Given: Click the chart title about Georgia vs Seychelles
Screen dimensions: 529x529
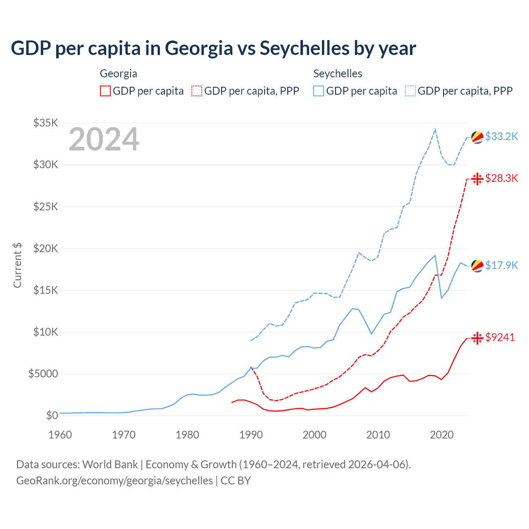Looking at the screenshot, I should coord(213,48).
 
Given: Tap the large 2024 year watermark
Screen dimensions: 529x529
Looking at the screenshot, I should coord(104,139).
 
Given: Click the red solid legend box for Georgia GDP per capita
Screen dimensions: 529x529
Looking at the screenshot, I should coord(105,91).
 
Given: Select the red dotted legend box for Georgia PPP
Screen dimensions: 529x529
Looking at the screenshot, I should coord(197,91).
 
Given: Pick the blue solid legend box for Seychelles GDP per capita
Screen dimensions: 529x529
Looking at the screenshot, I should coord(319,91).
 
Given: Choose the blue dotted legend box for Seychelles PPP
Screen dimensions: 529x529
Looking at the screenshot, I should coord(410,91).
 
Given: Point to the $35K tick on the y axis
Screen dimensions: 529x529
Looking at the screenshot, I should coord(46,123).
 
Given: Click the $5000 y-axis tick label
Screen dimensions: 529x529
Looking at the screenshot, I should coord(43,374).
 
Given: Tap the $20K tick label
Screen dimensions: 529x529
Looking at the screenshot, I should coord(46,248).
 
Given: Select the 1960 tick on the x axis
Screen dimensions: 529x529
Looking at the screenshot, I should coord(60,435).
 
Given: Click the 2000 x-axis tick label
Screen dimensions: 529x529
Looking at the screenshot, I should coord(315,435).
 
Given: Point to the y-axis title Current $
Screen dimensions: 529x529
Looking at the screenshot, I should coord(17,265).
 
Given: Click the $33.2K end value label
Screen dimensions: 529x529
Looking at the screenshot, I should coord(501,136).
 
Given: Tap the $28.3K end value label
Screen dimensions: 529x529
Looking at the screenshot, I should coord(501,178).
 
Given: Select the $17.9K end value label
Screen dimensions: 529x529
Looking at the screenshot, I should coord(501,265).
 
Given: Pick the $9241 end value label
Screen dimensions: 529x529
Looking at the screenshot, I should coord(500,337).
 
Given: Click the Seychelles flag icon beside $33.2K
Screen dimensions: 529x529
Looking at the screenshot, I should coord(477,137).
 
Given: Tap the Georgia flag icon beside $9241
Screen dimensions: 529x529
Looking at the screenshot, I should coord(477,338).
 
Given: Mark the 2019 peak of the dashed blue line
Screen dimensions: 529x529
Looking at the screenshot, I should coord(435,129).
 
